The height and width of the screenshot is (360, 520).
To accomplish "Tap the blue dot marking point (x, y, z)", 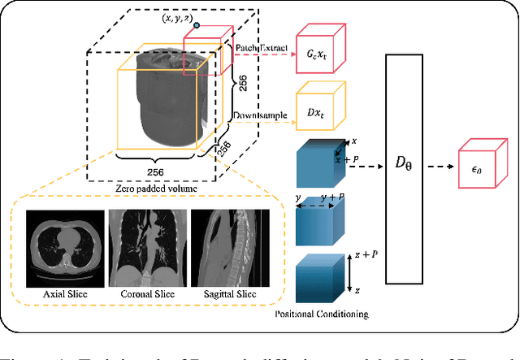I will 196,25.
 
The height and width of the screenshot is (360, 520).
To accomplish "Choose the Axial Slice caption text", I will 65,294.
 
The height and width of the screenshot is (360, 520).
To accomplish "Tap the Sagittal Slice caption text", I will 228,294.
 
